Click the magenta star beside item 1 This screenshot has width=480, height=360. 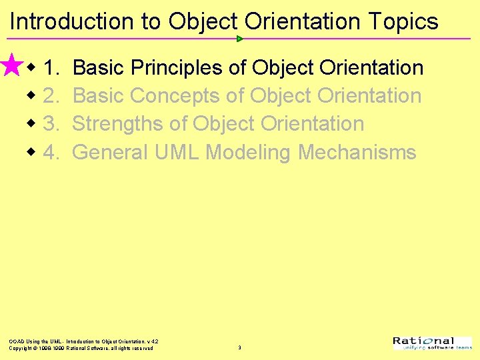coord(12,66)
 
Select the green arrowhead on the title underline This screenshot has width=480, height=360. coord(240,39)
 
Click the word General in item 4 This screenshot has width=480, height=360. coord(110,153)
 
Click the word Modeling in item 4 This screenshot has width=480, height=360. coord(248,153)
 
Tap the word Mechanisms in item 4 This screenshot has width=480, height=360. coord(357,153)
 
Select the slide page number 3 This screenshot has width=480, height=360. coord(239,348)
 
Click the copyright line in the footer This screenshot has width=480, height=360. coord(81,348)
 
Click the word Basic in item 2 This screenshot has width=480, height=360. coord(99,96)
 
